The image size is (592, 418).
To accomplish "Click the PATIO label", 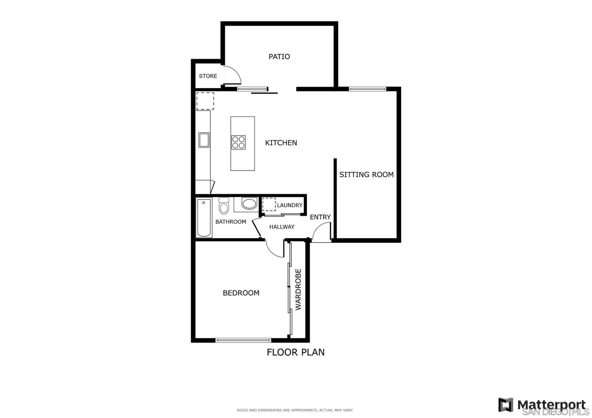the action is tap(279, 57).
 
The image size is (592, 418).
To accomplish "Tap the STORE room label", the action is tap(208, 76).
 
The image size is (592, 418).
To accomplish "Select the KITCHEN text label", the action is tap(281, 143).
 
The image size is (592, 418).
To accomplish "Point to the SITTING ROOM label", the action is tap(366, 174).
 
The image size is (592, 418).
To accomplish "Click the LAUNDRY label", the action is tap(290, 205).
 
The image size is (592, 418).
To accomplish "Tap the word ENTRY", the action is tap(320, 217).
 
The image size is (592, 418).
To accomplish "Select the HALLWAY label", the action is tap(282, 227).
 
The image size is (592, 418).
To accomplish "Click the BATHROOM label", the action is tap(231, 222).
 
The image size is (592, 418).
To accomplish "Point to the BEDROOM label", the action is tap(241, 293).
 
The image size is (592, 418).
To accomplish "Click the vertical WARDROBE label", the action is tap(298, 290).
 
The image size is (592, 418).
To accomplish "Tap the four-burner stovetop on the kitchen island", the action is tap(238, 142).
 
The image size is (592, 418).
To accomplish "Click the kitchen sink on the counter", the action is tap(204, 140).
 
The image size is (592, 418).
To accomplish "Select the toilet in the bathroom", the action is tap(224, 206).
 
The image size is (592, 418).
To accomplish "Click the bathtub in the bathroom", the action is tap(204, 217).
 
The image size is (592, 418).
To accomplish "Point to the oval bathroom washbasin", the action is tap(249, 204).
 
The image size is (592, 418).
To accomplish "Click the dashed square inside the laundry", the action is tap(269, 204).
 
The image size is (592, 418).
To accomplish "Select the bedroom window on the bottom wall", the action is tap(243, 340).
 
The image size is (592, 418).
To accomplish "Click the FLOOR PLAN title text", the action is tap(295, 352).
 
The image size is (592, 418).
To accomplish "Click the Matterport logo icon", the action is tap(506, 405).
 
